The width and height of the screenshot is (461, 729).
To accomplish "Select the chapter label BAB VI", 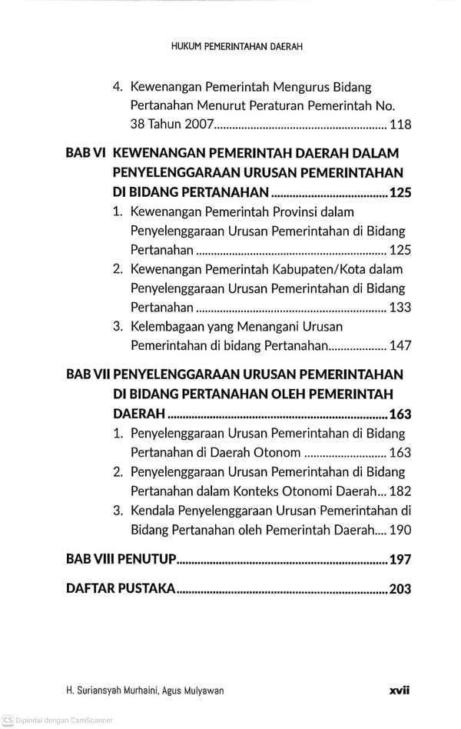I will pos(85,153).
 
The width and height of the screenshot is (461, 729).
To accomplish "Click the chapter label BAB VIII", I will pos(90,559).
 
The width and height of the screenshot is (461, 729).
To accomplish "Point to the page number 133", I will pos(400,308).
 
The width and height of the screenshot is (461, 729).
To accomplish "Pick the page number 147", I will pos(400,346).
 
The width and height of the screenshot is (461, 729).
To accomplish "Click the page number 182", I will pos(400,491).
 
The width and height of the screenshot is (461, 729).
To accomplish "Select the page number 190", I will pos(400,530).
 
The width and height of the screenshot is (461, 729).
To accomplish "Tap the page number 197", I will pos(400,559).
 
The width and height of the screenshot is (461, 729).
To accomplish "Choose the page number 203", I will pos(400,590).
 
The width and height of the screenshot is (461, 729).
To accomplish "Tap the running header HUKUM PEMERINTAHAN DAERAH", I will pos(237,46).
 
